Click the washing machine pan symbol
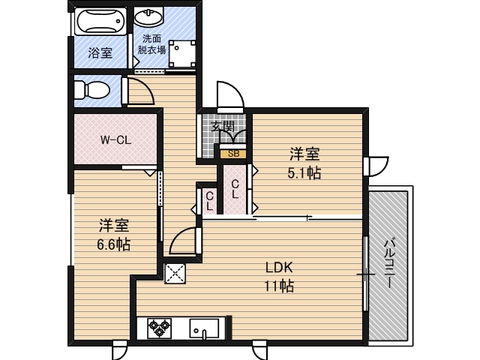click(181, 54)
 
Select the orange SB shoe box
click(233, 154)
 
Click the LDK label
click(277, 268)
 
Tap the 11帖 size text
click(277, 286)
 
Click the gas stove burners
click(160, 326)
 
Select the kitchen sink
click(204, 328)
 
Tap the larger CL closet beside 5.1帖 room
click(235, 188)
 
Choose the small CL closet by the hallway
click(209, 199)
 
